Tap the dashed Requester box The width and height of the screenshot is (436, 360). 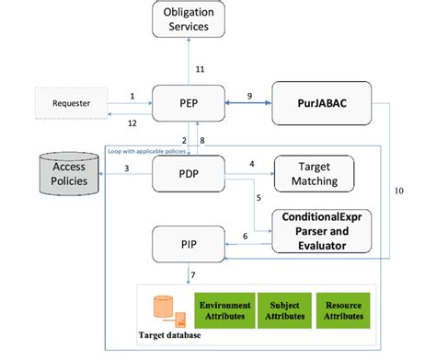pos(71,103)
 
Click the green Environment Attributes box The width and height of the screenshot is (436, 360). pos(224,308)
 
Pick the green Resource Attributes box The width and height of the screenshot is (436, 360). pos(339,308)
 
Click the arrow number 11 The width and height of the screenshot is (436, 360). pos(199,69)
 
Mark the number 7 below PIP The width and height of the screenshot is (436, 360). pos(191,275)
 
